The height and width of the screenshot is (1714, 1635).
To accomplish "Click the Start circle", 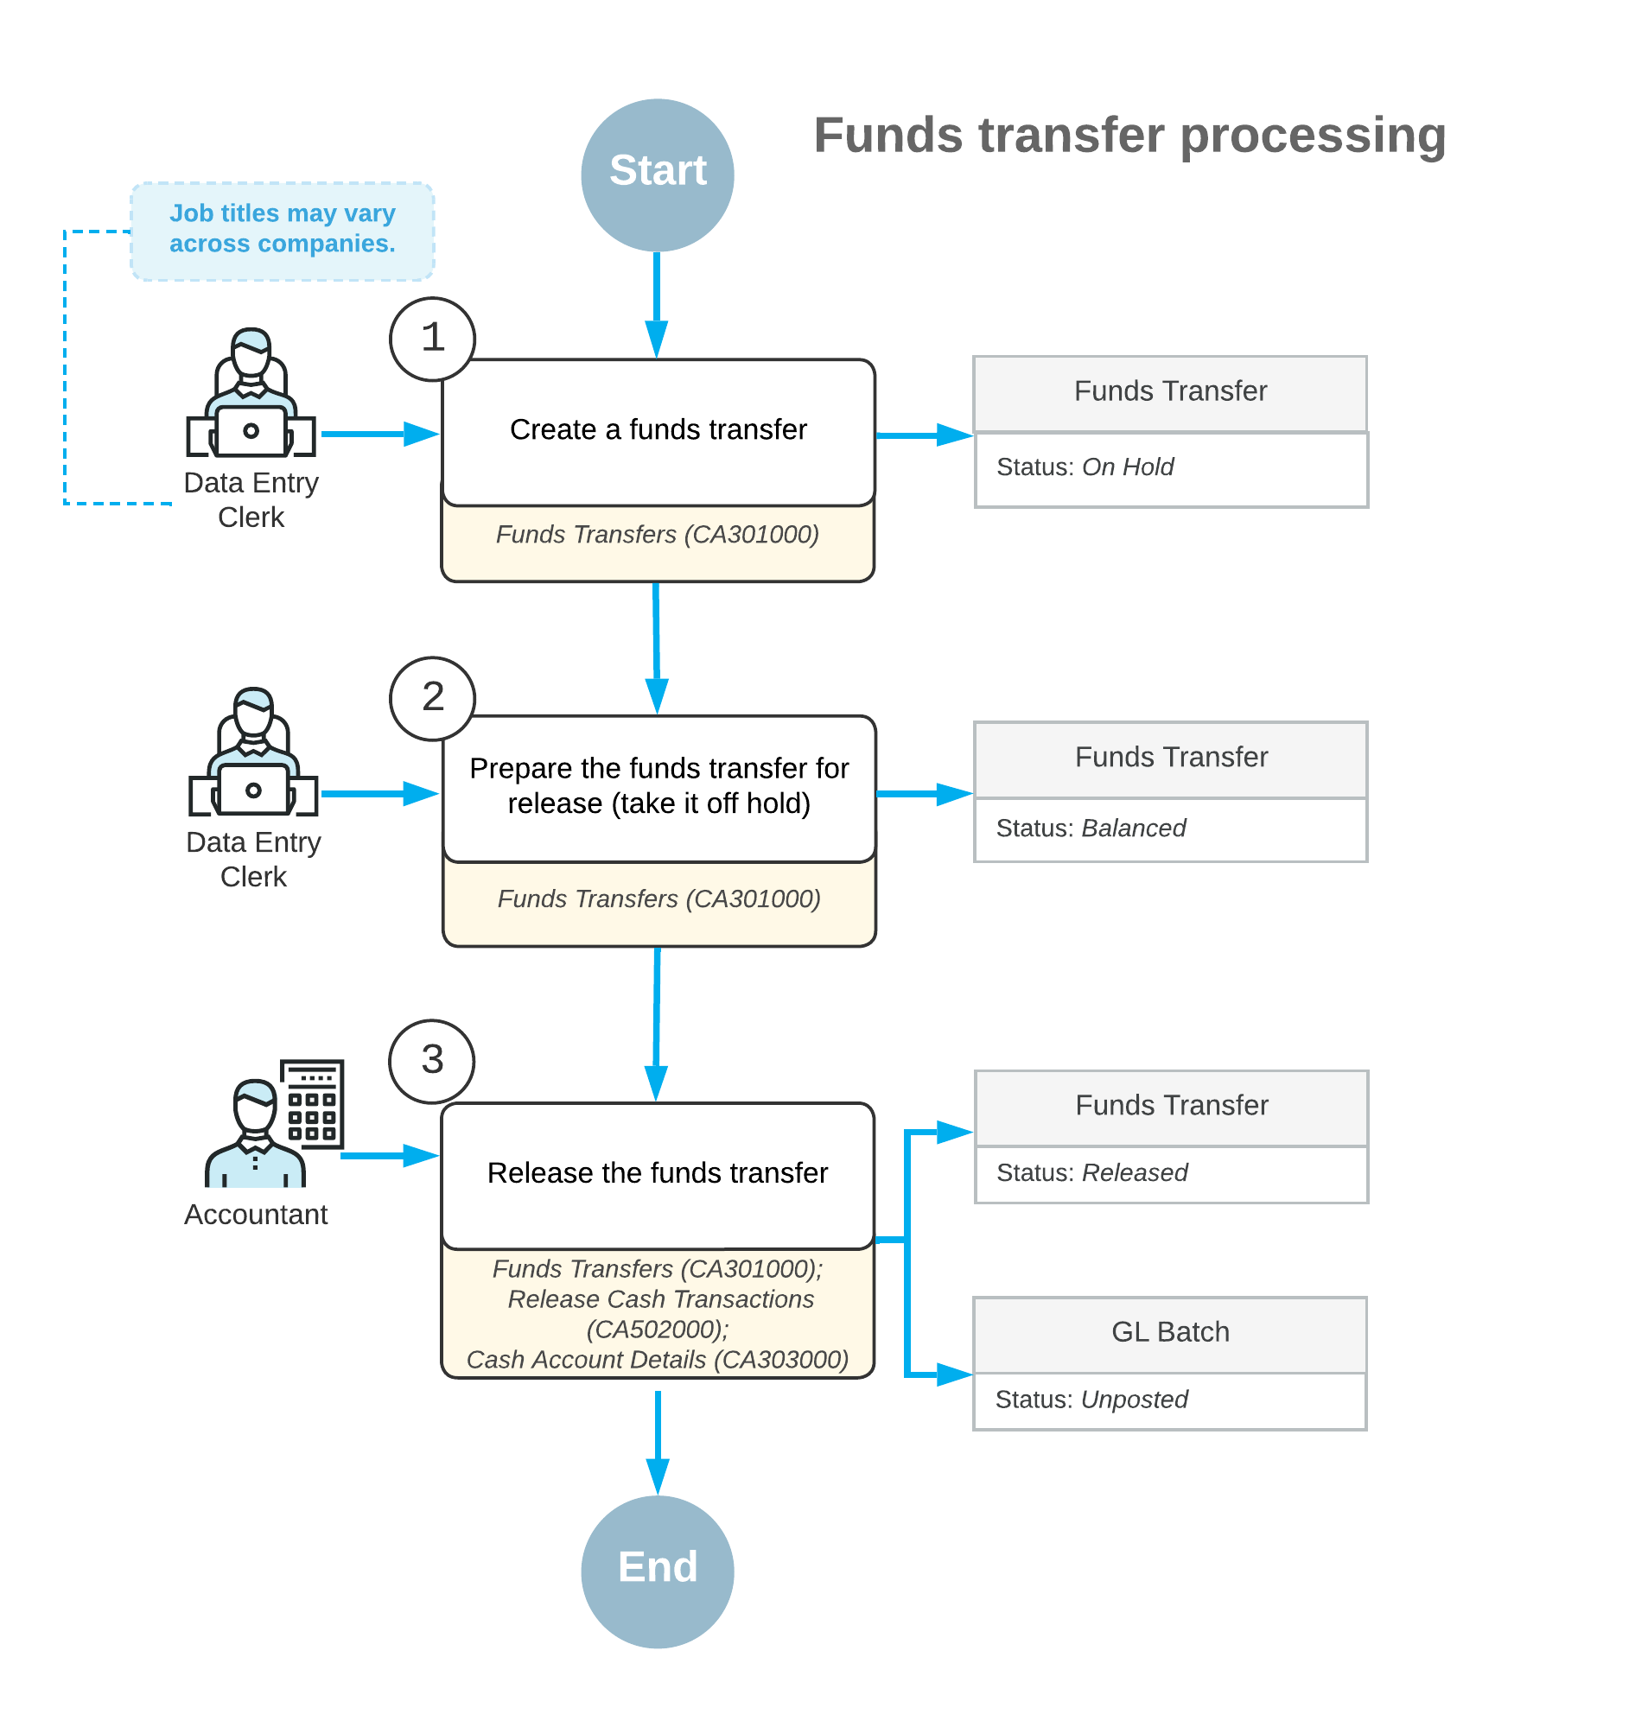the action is click(657, 175).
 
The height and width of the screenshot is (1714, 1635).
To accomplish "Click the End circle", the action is click(657, 1571).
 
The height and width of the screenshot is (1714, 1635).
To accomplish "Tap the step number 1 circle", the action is click(432, 339).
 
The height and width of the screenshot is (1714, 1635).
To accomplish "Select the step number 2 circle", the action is click(432, 698).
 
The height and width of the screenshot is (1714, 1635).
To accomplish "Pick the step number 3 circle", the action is click(431, 1061).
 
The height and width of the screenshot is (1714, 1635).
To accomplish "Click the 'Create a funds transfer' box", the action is click(658, 432).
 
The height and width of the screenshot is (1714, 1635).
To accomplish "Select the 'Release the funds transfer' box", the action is click(658, 1175).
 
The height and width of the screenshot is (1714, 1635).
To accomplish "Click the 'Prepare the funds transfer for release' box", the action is click(658, 789).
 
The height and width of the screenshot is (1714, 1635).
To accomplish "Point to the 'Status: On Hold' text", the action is click(1085, 467).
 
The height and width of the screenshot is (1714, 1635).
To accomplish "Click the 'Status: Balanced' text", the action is click(1091, 828).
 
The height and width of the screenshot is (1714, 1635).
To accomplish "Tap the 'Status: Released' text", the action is click(1091, 1172).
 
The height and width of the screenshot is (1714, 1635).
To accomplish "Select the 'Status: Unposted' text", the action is click(1091, 1399).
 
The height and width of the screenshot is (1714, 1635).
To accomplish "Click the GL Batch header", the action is click(1169, 1333).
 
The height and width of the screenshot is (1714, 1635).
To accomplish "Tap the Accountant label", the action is click(255, 1214).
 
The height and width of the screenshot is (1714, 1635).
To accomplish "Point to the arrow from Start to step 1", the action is click(657, 305).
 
